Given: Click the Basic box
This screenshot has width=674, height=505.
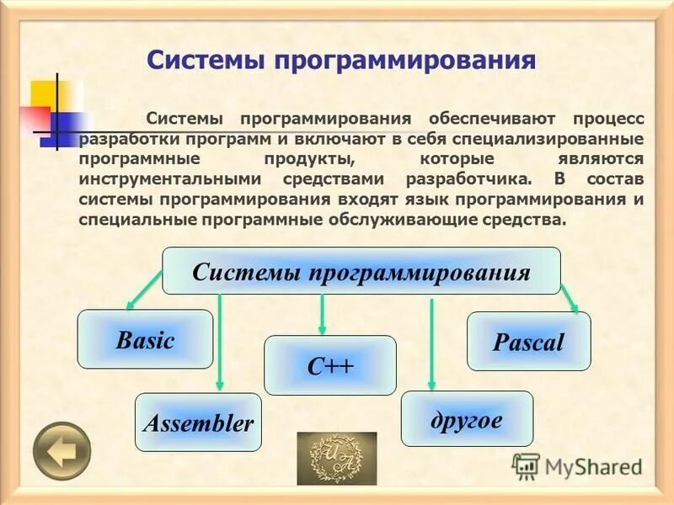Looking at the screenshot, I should coord(145,339).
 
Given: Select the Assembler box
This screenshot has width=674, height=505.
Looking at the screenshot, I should coord(198,423).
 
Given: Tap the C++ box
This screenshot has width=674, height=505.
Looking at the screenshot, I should coord(329,365).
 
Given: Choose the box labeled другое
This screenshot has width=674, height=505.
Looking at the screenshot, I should coord(466,418).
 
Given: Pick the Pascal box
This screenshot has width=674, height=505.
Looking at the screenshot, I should coord(528,341).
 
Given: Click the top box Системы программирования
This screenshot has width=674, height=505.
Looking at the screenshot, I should coord(361,271).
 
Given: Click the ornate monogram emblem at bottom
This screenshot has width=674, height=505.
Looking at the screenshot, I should coord(336,458).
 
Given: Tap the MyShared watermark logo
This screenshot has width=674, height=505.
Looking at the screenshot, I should coord(576,465).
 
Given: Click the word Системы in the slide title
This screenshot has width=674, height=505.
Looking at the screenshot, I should coord(203,60).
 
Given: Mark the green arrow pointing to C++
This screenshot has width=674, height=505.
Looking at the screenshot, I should coord(321,313).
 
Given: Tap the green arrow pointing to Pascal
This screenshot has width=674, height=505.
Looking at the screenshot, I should coord(570,297).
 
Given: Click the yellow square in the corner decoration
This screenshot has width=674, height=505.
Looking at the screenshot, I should coord(44,93).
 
